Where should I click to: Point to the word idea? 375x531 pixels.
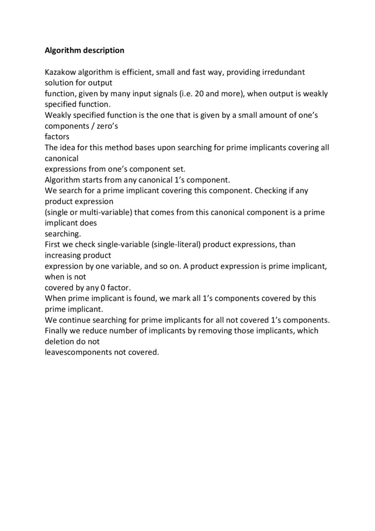point(68,148)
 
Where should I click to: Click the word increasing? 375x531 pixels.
point(62,255)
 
